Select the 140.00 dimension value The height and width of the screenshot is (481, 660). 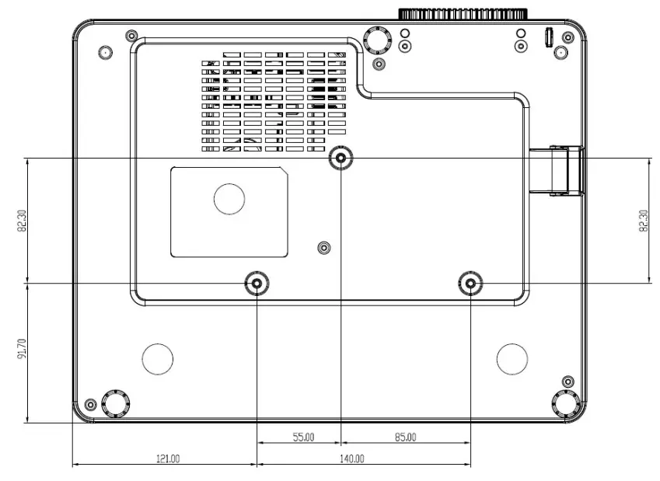pyautogui.click(x=351, y=458)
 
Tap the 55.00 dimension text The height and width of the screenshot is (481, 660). pyautogui.click(x=303, y=437)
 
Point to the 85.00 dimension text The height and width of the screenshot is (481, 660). pyautogui.click(x=404, y=437)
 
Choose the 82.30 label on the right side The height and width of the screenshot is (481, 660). pyautogui.click(x=643, y=221)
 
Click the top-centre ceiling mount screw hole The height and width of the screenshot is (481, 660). pyautogui.click(x=340, y=159)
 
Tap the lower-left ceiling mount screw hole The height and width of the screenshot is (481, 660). pyautogui.click(x=257, y=284)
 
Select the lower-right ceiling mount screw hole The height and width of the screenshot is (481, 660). pyautogui.click(x=469, y=284)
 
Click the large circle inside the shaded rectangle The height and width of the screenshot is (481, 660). pyautogui.click(x=229, y=198)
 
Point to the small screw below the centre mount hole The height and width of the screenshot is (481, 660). pyautogui.click(x=324, y=248)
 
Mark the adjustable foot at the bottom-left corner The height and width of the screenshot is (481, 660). pyautogui.click(x=114, y=403)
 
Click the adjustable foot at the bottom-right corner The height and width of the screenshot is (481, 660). pyautogui.click(x=564, y=403)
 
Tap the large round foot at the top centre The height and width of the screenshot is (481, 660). pyautogui.click(x=376, y=38)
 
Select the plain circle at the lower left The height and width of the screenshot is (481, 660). pyautogui.click(x=158, y=357)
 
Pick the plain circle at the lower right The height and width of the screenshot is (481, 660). pyautogui.click(x=512, y=357)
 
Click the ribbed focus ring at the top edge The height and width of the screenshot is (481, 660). pyautogui.click(x=464, y=13)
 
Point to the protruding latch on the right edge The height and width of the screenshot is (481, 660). pyautogui.click(x=566, y=170)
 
